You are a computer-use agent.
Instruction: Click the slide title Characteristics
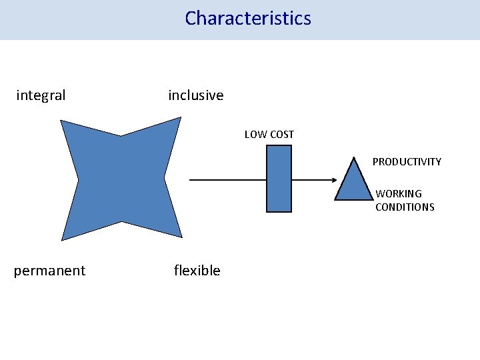[248, 18]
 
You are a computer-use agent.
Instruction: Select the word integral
[41, 95]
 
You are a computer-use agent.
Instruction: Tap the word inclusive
[196, 95]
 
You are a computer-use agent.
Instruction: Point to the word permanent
[49, 271]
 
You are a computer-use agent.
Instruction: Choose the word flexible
[197, 271]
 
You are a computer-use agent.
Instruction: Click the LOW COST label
[269, 135]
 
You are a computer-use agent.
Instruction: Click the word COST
[281, 135]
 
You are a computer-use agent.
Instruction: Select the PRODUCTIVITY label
[407, 162]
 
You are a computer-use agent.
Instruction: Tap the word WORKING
[399, 194]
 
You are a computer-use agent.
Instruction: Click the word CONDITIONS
[405, 207]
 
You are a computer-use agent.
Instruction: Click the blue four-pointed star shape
[121, 179]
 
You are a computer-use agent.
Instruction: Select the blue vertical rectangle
[279, 179]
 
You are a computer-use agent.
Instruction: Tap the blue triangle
[353, 185]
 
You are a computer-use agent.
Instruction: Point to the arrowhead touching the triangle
[333, 180]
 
